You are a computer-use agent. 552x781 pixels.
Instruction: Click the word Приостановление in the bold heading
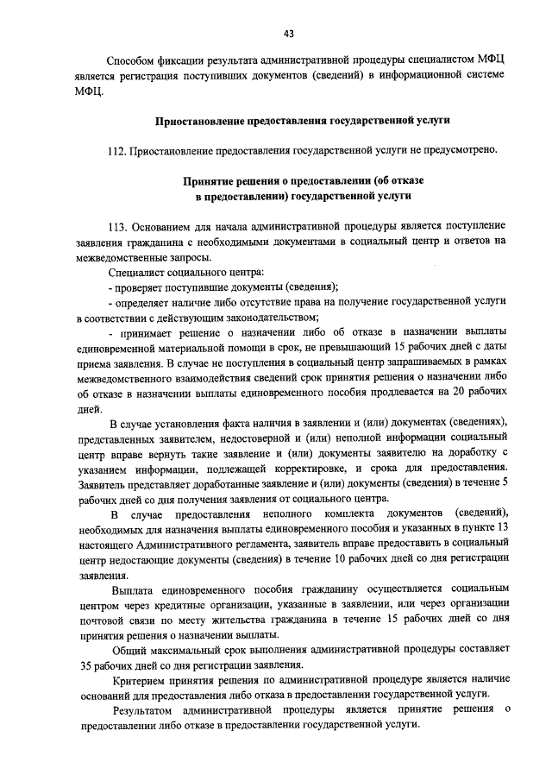point(200,120)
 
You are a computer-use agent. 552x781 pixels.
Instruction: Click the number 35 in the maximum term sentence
point(83,665)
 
